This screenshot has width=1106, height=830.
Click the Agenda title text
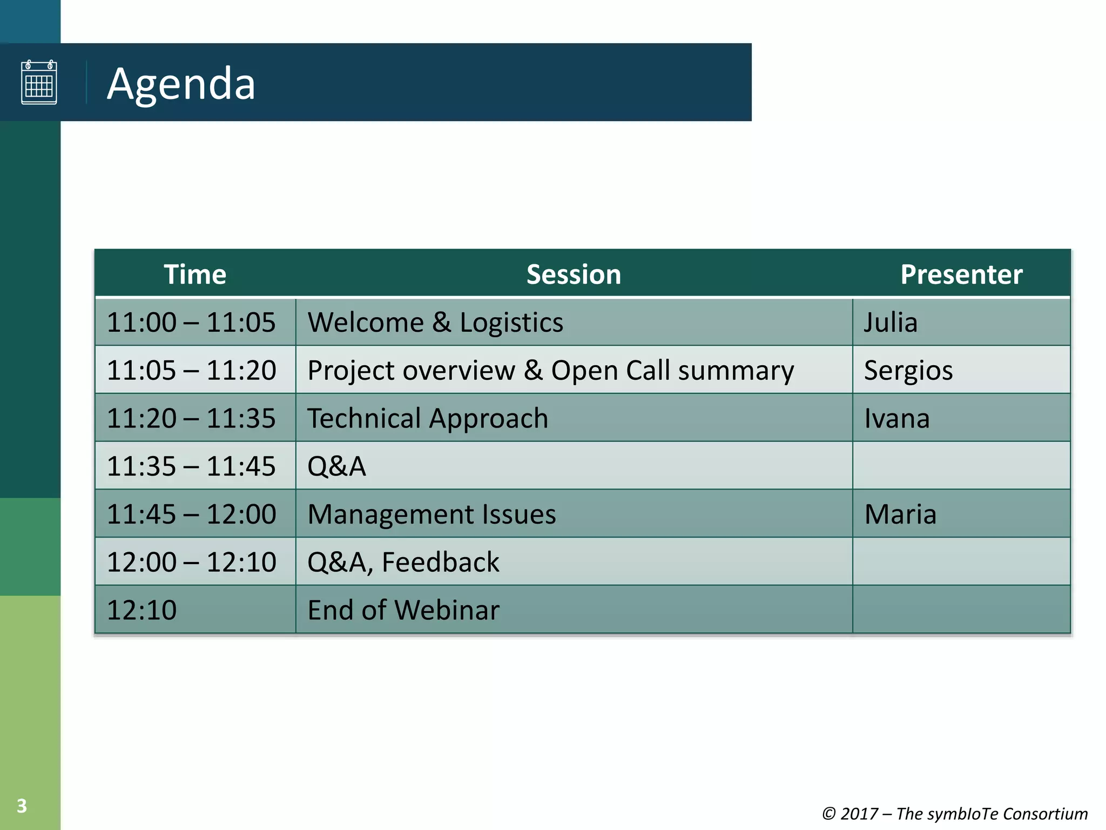pos(181,84)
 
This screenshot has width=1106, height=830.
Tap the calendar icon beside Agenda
pos(39,82)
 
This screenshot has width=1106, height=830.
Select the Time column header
pos(195,275)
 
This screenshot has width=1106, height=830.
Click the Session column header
pos(574,275)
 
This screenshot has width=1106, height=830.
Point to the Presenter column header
pos(961,275)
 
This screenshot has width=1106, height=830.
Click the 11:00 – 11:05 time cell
pos(191,323)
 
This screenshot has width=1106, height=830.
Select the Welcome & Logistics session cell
pos(435,323)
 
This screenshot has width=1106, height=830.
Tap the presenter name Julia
pos(891,323)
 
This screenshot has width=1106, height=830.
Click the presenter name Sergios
pos(908,371)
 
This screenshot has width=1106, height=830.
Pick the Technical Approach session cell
pos(428,419)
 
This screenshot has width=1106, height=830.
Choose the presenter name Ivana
pos(896,419)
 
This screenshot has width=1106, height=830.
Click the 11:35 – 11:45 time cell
pos(191,466)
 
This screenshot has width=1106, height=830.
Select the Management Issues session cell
pos(431,514)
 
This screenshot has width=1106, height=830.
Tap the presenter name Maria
pos(900,514)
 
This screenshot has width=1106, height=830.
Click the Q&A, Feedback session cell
pos(403,562)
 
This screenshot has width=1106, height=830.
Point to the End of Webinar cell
pos(403,610)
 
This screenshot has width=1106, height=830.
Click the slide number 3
pos(22,806)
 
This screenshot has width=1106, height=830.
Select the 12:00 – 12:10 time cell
pos(191,562)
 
